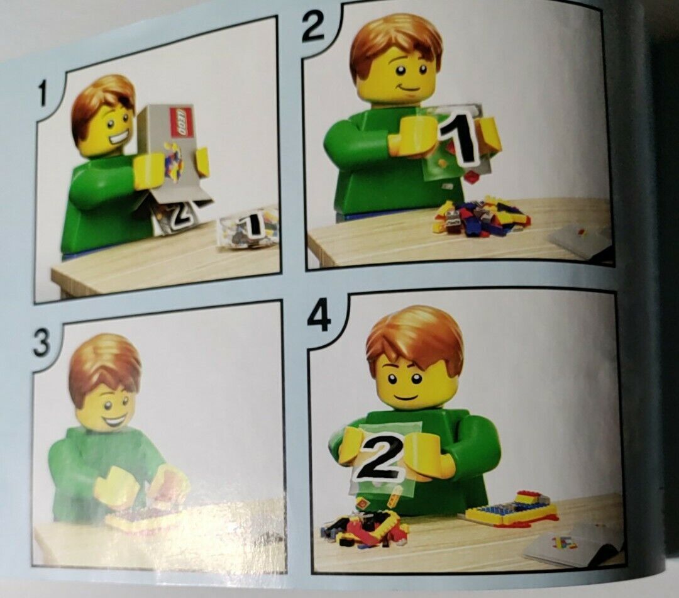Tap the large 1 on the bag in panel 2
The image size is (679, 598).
click(x=458, y=139)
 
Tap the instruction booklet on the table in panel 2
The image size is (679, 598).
click(x=581, y=241)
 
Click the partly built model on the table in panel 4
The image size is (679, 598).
click(x=512, y=508)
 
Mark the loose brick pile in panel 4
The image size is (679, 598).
click(x=365, y=526)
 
